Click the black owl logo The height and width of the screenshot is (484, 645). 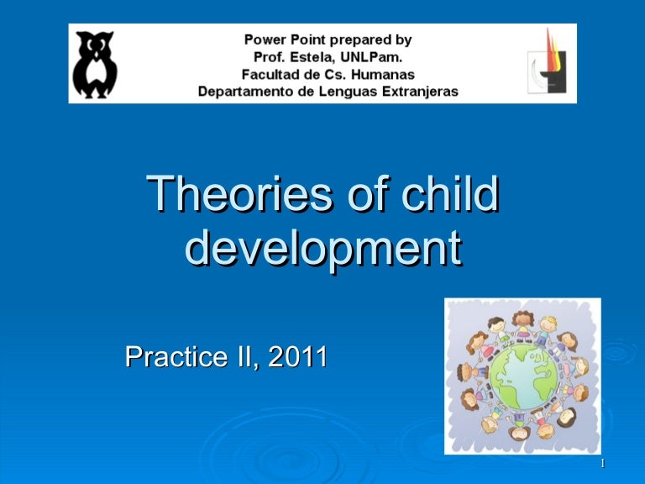(95, 64)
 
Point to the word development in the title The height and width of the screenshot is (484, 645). (322, 248)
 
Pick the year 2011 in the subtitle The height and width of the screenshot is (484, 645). (298, 357)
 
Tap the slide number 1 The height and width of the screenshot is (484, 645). (604, 465)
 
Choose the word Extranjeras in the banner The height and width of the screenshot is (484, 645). (417, 92)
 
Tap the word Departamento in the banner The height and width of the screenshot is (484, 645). (243, 92)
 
